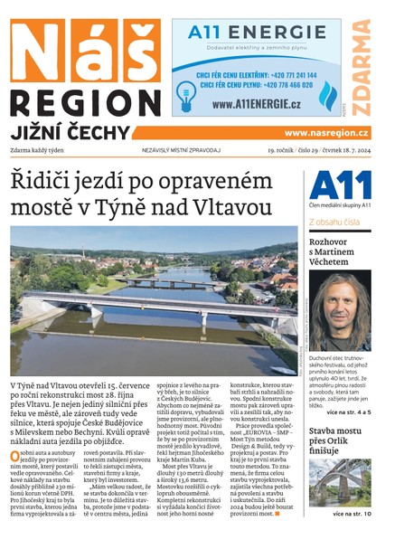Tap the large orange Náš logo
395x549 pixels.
85,49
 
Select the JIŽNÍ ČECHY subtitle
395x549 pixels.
73,130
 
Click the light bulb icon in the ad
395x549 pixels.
187,91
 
